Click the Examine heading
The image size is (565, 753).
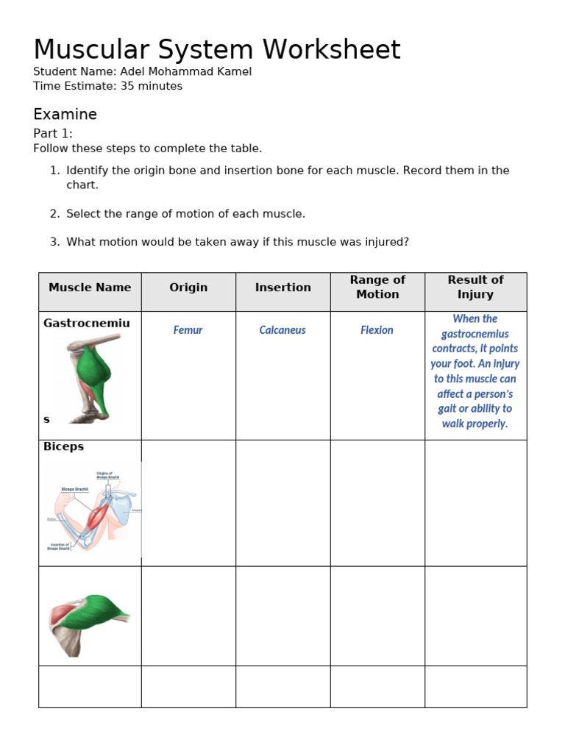click(65, 115)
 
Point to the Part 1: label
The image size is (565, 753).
click(53, 133)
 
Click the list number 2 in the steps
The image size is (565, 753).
click(55, 214)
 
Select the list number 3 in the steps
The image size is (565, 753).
click(55, 241)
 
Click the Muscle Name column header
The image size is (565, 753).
click(90, 288)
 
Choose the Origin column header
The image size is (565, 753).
click(188, 288)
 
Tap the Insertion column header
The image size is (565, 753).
click(282, 288)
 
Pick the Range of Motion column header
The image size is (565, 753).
click(377, 287)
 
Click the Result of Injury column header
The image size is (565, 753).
click(475, 287)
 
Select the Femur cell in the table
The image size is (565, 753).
click(188, 330)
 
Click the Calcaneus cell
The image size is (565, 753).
click(282, 330)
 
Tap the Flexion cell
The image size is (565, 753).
click(377, 330)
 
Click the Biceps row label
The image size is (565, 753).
click(63, 446)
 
